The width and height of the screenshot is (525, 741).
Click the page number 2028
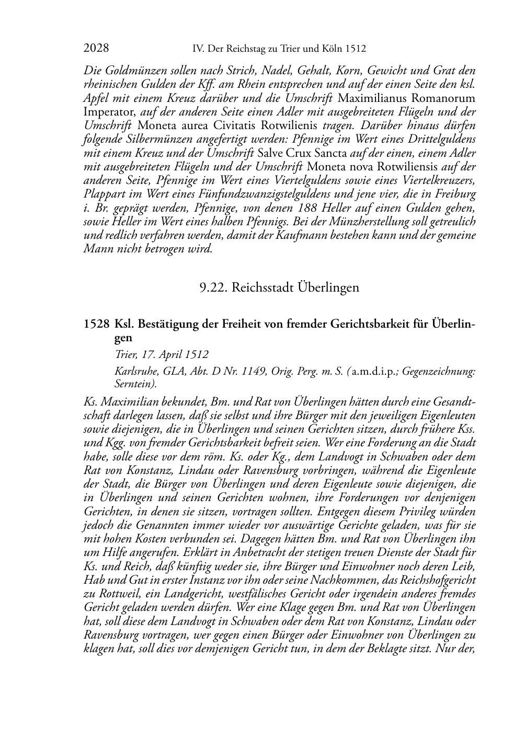pyautogui.click(x=96, y=49)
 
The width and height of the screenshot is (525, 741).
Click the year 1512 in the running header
pyautogui.click(x=356, y=49)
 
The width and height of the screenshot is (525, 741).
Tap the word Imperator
pyautogui.click(x=110, y=112)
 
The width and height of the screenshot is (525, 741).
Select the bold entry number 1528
pyautogui.click(x=96, y=324)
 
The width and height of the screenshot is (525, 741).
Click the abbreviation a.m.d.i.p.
pyautogui.click(x=373, y=372)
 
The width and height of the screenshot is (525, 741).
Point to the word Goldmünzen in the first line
pyautogui.click(x=132, y=71)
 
